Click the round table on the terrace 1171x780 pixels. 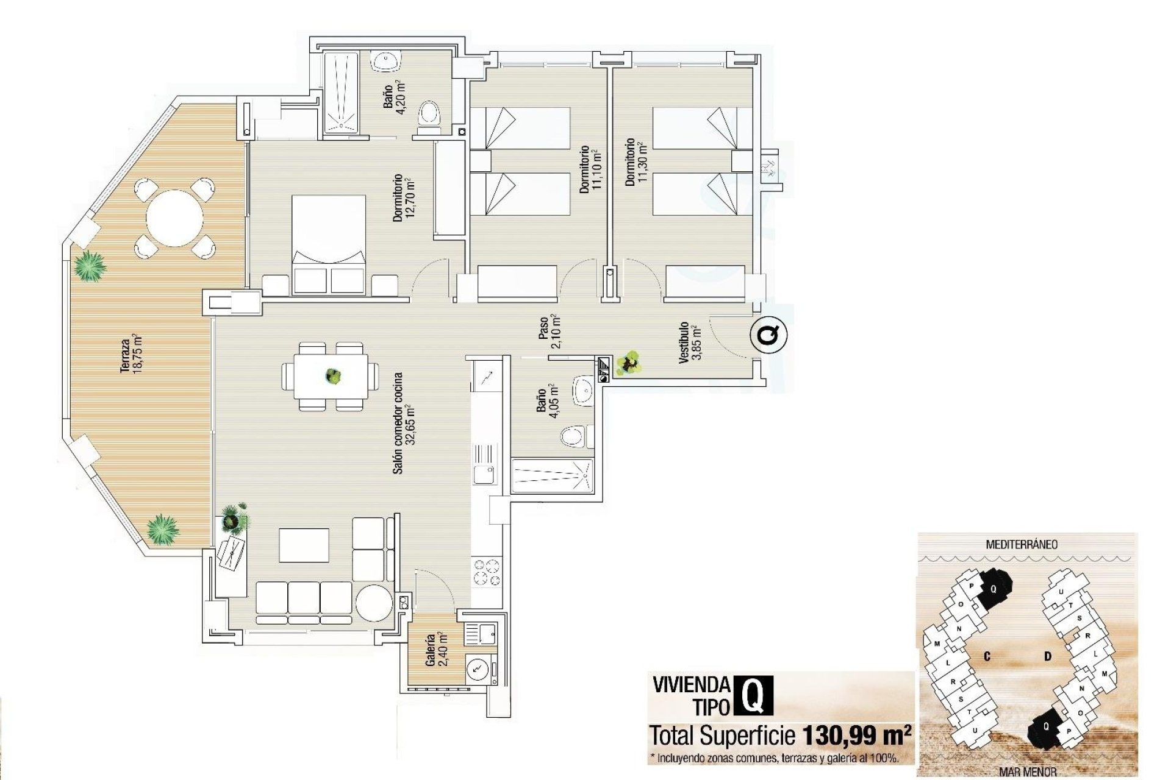[x=174, y=218]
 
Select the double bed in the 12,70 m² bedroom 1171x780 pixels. [x=329, y=244]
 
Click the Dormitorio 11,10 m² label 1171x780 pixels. [x=590, y=169]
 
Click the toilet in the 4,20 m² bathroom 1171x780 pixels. [x=429, y=116]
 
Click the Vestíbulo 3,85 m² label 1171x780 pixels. [x=690, y=342]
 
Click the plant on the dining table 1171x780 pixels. [x=332, y=376]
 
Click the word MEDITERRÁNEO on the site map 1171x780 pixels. [x=1022, y=544]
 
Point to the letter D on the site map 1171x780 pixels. [x=1048, y=656]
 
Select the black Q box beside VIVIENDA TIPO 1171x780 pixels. [x=755, y=694]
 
